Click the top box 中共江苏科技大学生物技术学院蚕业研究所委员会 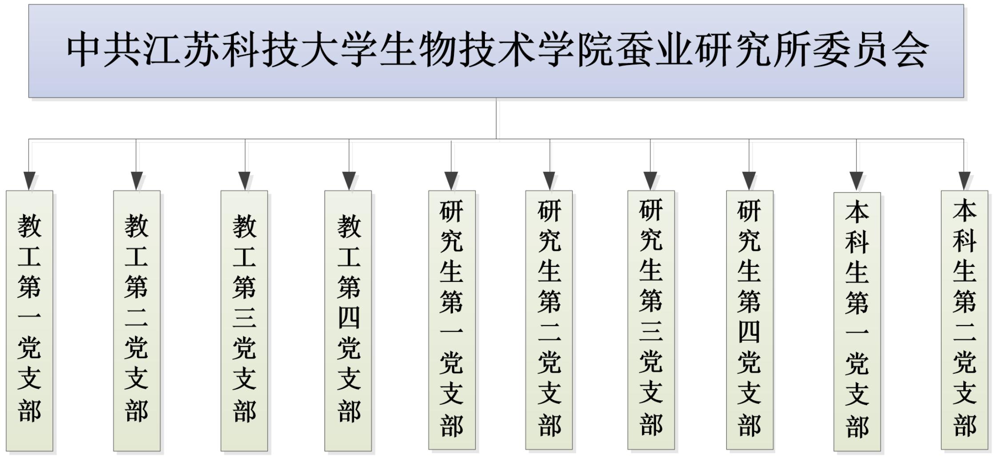click(496, 51)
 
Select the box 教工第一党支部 click(29, 320)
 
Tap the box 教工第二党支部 click(136, 320)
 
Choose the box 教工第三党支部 click(244, 320)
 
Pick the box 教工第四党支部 click(348, 320)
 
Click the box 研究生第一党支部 click(452, 320)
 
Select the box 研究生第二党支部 click(549, 320)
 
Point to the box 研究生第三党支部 click(651, 320)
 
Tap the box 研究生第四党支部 click(750, 320)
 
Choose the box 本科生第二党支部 click(964, 320)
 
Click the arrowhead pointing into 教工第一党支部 click(29, 181)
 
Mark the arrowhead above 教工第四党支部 click(349, 181)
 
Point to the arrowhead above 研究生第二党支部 click(549, 181)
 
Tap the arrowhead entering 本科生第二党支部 click(964, 181)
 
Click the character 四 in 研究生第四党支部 click(750, 332)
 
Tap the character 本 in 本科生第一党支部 click(857, 212)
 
